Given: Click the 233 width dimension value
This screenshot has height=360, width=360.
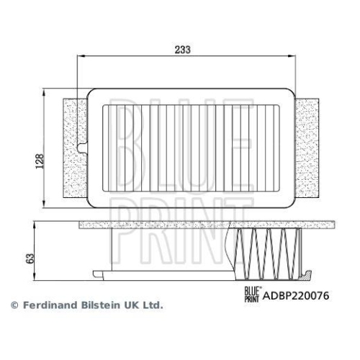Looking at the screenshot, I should click(182, 48).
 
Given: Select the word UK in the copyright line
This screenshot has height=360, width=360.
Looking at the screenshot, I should click(130, 305).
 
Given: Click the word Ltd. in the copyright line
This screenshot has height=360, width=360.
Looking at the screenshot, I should click(152, 305).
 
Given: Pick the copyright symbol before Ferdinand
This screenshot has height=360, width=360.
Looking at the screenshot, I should click(14, 305).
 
